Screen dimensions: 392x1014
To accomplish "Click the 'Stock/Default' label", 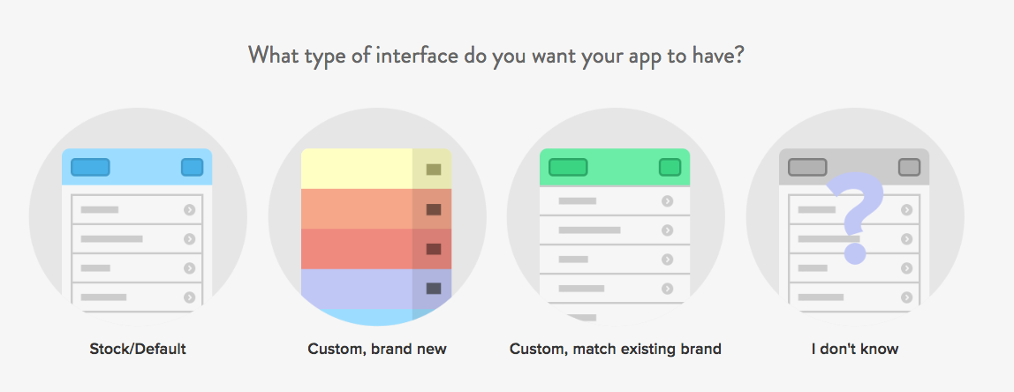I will click(x=138, y=349).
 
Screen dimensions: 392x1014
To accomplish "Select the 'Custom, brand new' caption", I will click(x=377, y=349).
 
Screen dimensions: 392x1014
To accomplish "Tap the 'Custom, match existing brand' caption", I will click(x=616, y=349).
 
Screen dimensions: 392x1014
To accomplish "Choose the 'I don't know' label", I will click(x=855, y=349).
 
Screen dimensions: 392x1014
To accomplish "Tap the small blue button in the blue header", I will click(x=192, y=167).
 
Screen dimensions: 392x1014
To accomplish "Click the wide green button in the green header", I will click(x=568, y=167).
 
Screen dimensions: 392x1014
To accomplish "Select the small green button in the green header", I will click(x=670, y=167).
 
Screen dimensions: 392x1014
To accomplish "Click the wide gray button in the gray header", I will click(x=807, y=167).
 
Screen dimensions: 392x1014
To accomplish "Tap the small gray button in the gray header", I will click(x=909, y=167).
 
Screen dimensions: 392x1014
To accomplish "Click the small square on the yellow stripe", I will click(x=433, y=170).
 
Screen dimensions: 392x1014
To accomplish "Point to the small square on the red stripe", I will click(x=433, y=249).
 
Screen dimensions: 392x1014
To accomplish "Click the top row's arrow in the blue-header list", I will click(x=189, y=210).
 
